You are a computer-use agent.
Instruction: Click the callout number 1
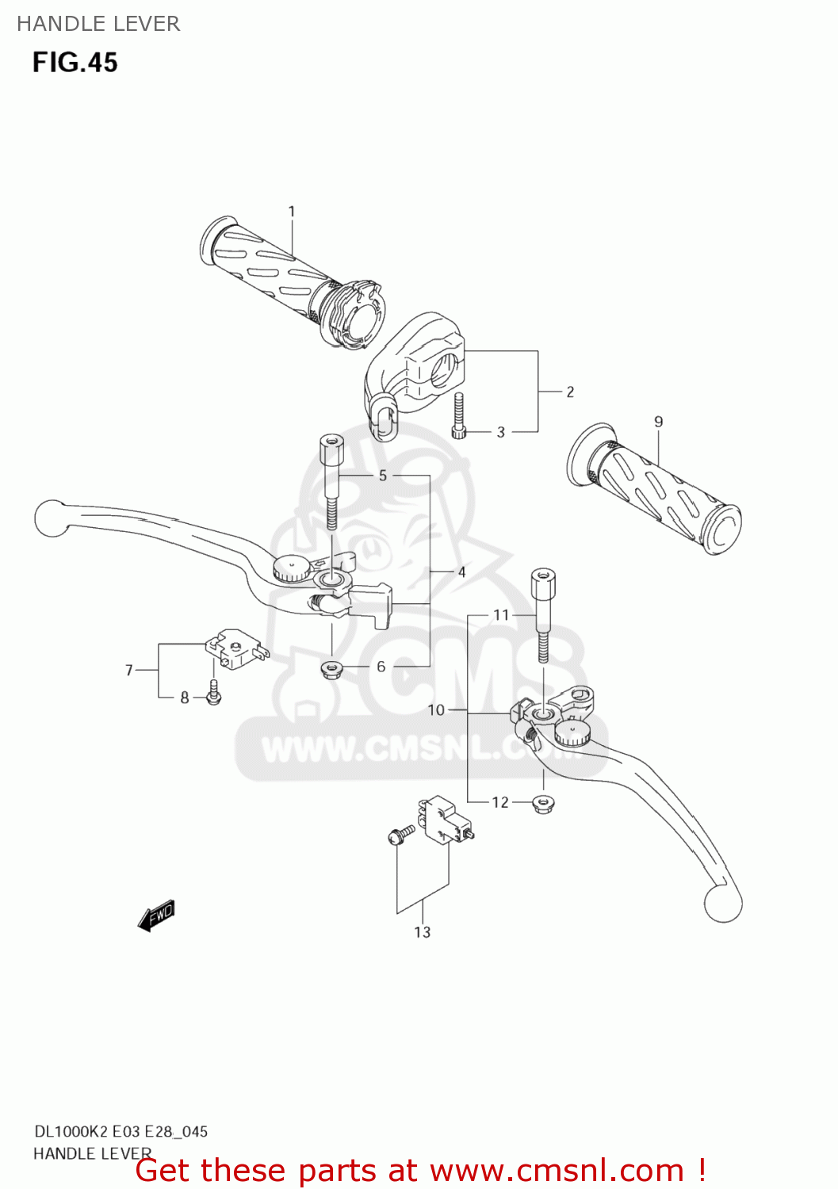click(x=292, y=212)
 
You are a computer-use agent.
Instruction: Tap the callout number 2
click(x=569, y=392)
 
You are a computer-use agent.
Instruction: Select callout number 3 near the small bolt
click(x=500, y=432)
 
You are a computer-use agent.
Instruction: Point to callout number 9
click(x=658, y=422)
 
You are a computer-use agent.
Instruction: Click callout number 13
click(x=423, y=932)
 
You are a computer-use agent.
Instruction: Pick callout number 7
click(x=129, y=671)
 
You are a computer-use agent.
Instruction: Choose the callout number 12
click(x=500, y=802)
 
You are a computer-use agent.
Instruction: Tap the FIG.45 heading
click(x=75, y=63)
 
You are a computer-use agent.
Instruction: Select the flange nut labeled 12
click(x=543, y=803)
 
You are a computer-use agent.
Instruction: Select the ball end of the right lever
click(x=722, y=903)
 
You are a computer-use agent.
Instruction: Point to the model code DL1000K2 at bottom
click(x=72, y=1132)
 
